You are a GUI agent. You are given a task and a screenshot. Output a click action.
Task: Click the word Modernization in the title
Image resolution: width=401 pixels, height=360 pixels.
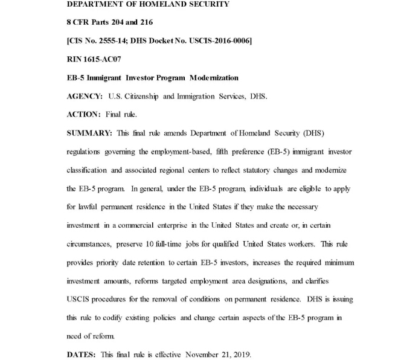click(x=214, y=78)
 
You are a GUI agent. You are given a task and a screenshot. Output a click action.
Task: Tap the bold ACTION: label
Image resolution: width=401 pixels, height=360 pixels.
click(x=83, y=114)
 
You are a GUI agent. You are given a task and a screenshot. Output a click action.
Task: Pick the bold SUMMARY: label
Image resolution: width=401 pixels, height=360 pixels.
click(x=88, y=132)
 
